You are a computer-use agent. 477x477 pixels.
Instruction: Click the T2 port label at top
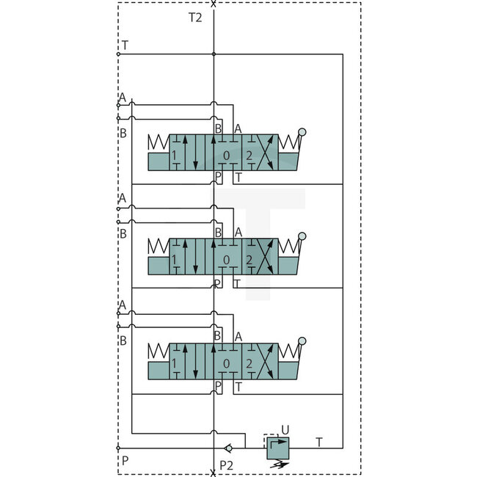coord(194,18)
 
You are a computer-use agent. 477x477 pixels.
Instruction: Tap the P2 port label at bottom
coord(227,464)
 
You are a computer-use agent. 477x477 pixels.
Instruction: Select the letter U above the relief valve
coord(285,430)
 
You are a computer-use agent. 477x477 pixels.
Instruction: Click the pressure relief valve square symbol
coord(278,448)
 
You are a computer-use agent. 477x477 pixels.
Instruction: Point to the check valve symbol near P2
coord(228,448)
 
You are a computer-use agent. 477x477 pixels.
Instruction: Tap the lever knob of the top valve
coord(302,132)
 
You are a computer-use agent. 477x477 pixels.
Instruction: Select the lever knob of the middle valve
coord(302,236)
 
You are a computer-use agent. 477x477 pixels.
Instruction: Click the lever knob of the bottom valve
coord(302,341)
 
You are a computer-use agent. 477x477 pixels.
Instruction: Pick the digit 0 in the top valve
coord(227,155)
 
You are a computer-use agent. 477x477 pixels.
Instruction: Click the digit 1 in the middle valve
coord(174,259)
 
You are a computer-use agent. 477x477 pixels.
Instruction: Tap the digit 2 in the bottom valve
coord(249,363)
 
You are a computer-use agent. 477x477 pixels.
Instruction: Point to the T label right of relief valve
coord(318,442)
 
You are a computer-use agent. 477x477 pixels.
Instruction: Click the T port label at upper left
coord(125,45)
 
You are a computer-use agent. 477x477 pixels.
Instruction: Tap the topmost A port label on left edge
coord(123,98)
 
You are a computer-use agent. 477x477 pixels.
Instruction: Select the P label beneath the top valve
coord(218,177)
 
